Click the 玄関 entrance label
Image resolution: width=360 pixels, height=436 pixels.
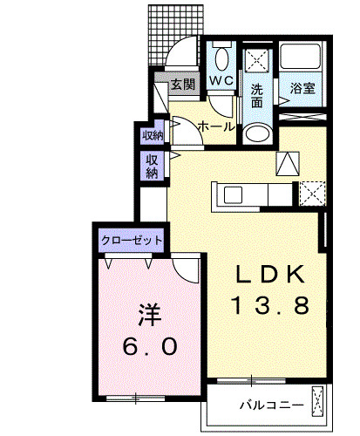[x=183, y=85]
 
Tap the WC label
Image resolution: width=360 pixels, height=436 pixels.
[x=221, y=80]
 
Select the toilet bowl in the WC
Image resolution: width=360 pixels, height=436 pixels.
[x=221, y=59]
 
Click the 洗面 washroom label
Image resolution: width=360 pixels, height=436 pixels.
[x=257, y=96]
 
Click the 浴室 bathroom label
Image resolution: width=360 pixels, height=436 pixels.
[x=302, y=88]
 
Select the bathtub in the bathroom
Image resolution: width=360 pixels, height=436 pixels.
[x=300, y=56]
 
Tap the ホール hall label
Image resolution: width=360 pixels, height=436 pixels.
[x=216, y=126]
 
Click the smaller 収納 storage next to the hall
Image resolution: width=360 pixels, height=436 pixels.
[x=153, y=135]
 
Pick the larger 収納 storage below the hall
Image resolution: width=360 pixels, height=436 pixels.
[x=152, y=167]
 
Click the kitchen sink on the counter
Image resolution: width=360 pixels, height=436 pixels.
[x=233, y=195]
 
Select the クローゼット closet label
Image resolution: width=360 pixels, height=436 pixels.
[x=132, y=241]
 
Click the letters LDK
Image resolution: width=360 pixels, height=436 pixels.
[x=270, y=274]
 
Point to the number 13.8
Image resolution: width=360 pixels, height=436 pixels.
[x=270, y=305]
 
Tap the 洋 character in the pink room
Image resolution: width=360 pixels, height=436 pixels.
[x=150, y=315]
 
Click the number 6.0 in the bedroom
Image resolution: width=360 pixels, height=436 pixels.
[x=150, y=346]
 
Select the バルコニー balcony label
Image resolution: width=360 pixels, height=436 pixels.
[x=272, y=405]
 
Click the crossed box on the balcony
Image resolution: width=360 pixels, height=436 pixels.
[x=317, y=401]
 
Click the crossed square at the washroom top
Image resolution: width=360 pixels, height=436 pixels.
[x=257, y=60]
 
